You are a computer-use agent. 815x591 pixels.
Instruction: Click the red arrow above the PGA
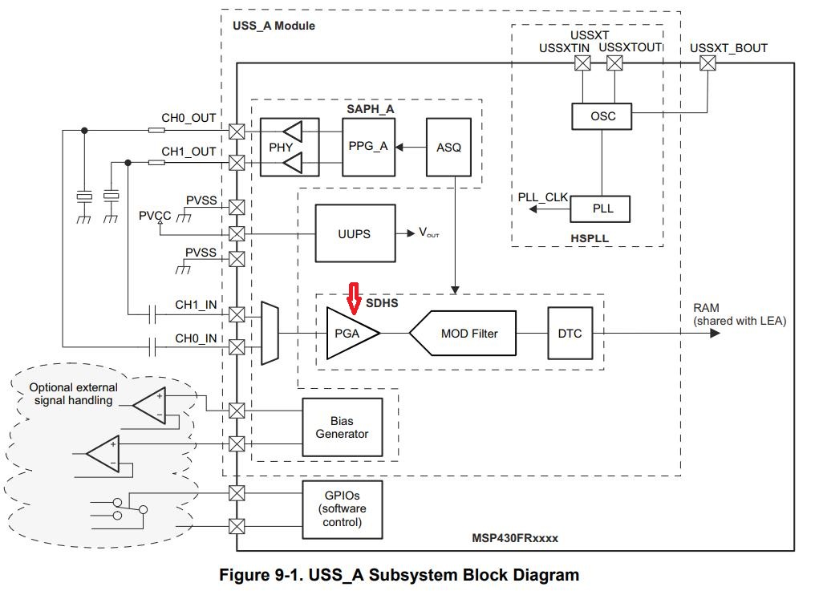pos(354,298)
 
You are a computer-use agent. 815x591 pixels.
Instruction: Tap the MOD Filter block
pos(463,333)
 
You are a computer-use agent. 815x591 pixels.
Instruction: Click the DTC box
pos(570,333)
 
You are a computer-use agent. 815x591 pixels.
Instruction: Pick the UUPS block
pos(355,233)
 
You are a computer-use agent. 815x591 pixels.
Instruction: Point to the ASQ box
pos(448,148)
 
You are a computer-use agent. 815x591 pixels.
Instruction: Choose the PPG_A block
pos(368,147)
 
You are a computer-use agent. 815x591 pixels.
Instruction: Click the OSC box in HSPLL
pos(602,116)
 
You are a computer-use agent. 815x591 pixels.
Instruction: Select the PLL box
pos(600,209)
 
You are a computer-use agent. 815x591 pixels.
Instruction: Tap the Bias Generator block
pos(343,427)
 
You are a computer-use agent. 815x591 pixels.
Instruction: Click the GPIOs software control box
pos(343,509)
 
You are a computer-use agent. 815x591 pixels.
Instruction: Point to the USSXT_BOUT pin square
pos(708,63)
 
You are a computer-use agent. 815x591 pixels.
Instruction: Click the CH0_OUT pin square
pos(237,131)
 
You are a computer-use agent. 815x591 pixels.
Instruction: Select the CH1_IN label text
pos(196,305)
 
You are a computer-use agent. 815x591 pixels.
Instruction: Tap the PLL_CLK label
pos(542,197)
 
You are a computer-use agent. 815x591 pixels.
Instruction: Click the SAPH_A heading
pos(371,109)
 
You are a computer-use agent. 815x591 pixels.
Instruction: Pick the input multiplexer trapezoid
pos(270,333)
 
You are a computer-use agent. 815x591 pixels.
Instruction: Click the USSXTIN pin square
pos(582,63)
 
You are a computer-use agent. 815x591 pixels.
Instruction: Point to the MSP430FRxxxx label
pos(515,538)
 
